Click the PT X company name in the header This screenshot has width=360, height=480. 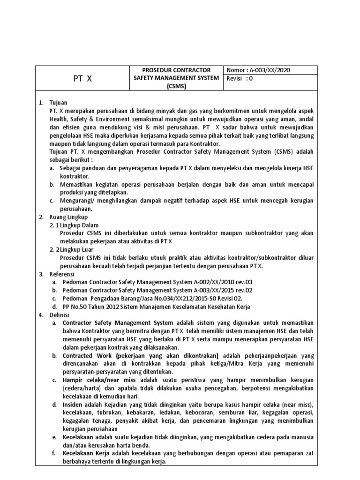82,79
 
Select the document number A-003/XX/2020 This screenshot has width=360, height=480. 269,70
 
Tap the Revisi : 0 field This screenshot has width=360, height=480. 240,79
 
